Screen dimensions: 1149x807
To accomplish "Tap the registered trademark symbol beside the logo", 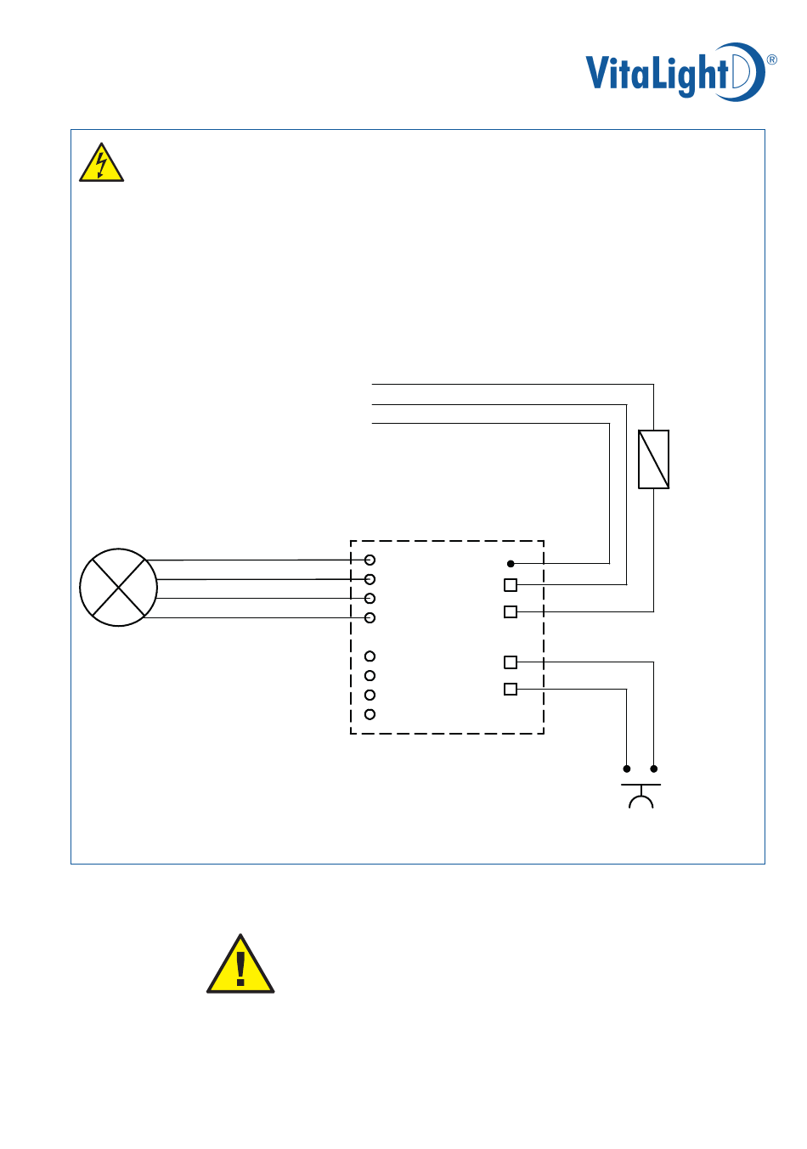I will coord(771,59).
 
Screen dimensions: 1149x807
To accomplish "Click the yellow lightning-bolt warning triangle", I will coord(102,163).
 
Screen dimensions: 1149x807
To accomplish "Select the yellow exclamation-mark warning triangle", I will coord(240,966).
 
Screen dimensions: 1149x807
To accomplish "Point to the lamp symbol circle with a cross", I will coord(118,587).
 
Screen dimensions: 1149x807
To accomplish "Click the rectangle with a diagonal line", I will coord(653,459).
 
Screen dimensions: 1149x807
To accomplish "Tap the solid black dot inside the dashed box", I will coord(511,563).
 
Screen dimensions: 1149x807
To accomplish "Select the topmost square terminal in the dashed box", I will coord(511,585).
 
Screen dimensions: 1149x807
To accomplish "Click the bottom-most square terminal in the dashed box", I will coord(511,689).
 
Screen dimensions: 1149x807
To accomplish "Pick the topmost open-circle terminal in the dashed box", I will coord(370,560).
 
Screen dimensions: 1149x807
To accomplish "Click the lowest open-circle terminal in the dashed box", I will coord(370,714).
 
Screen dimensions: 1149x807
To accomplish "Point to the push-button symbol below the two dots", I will coord(641,797).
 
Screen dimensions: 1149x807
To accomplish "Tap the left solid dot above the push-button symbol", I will coord(627,769).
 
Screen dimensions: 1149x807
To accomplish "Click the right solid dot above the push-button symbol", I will coord(653,769).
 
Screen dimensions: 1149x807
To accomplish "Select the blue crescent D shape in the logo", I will coord(748,71).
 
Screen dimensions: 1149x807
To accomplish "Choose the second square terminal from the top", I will coord(511,611).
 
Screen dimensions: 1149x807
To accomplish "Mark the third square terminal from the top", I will coord(511,662).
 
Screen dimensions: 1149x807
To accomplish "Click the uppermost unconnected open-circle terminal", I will coord(370,656).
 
